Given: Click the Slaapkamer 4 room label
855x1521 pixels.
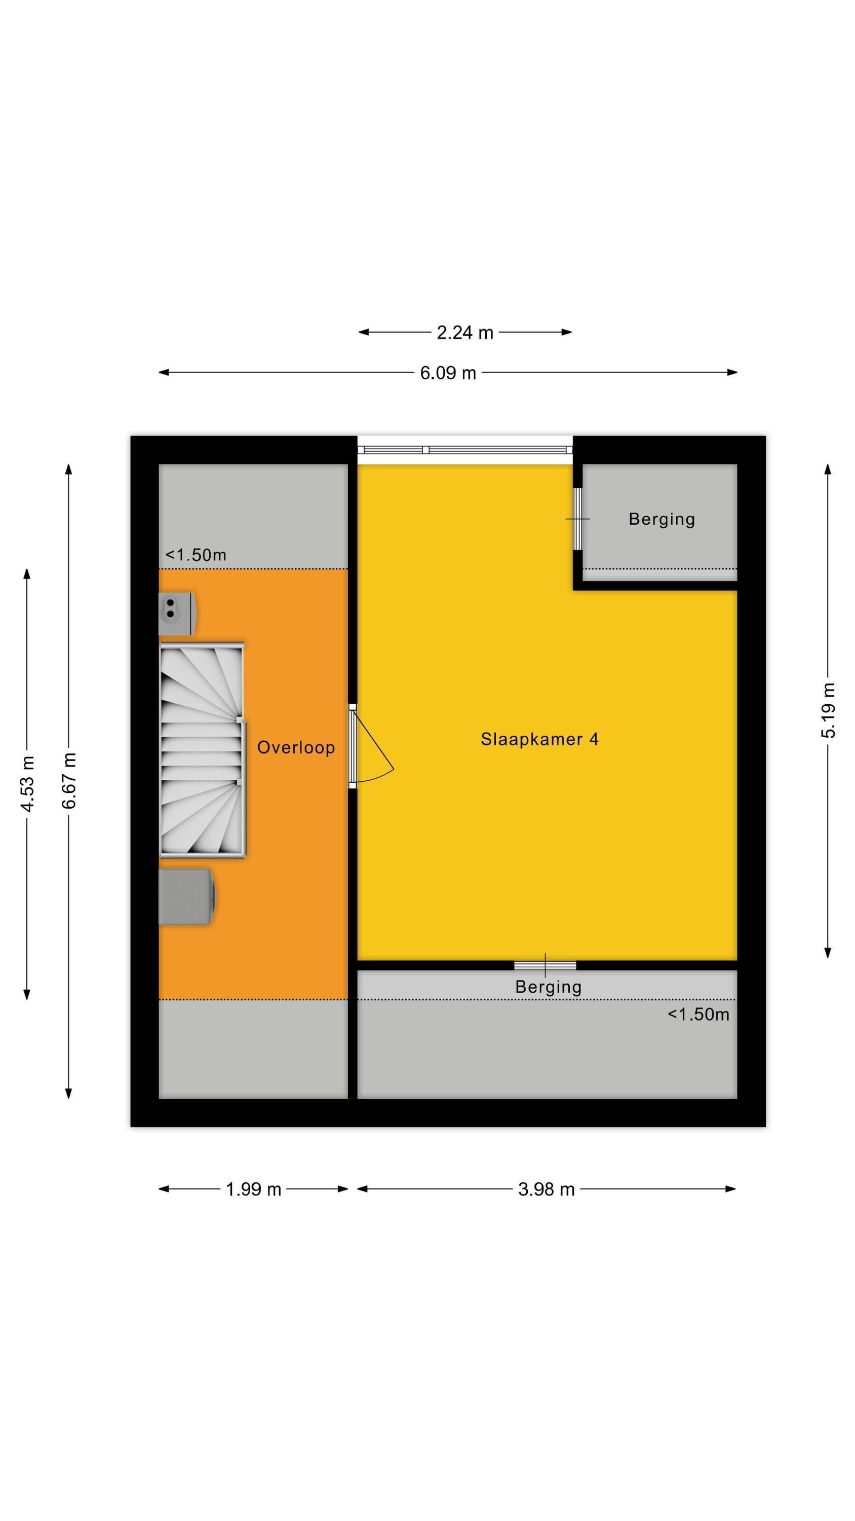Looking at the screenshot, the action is (x=539, y=739).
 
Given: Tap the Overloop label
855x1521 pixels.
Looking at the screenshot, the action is (x=296, y=747).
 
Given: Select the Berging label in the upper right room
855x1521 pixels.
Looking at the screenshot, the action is (x=662, y=520).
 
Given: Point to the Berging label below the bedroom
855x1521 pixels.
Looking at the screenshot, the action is (x=548, y=987).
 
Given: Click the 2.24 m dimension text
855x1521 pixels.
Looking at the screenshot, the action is (x=465, y=333).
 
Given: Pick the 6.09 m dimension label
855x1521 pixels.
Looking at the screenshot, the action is (x=448, y=373).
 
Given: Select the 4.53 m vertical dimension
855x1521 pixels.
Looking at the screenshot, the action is (x=28, y=783).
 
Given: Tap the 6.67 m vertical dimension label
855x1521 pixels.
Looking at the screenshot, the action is (x=69, y=781).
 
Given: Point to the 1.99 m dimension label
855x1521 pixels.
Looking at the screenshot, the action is (x=254, y=1189).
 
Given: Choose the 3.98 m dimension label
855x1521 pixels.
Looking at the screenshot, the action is (x=547, y=1189).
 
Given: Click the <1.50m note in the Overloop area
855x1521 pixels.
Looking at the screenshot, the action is (x=196, y=555).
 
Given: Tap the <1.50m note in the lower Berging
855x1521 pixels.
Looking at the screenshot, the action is (x=698, y=1015).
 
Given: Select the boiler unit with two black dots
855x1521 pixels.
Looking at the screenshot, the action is (x=177, y=613).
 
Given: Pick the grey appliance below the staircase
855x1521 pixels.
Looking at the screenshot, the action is (x=187, y=896).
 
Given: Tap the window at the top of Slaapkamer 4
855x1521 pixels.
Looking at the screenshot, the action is (x=465, y=450).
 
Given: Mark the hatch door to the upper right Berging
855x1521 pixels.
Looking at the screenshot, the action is (x=577, y=519).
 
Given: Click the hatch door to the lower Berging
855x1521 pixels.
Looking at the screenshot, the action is (x=545, y=965).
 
